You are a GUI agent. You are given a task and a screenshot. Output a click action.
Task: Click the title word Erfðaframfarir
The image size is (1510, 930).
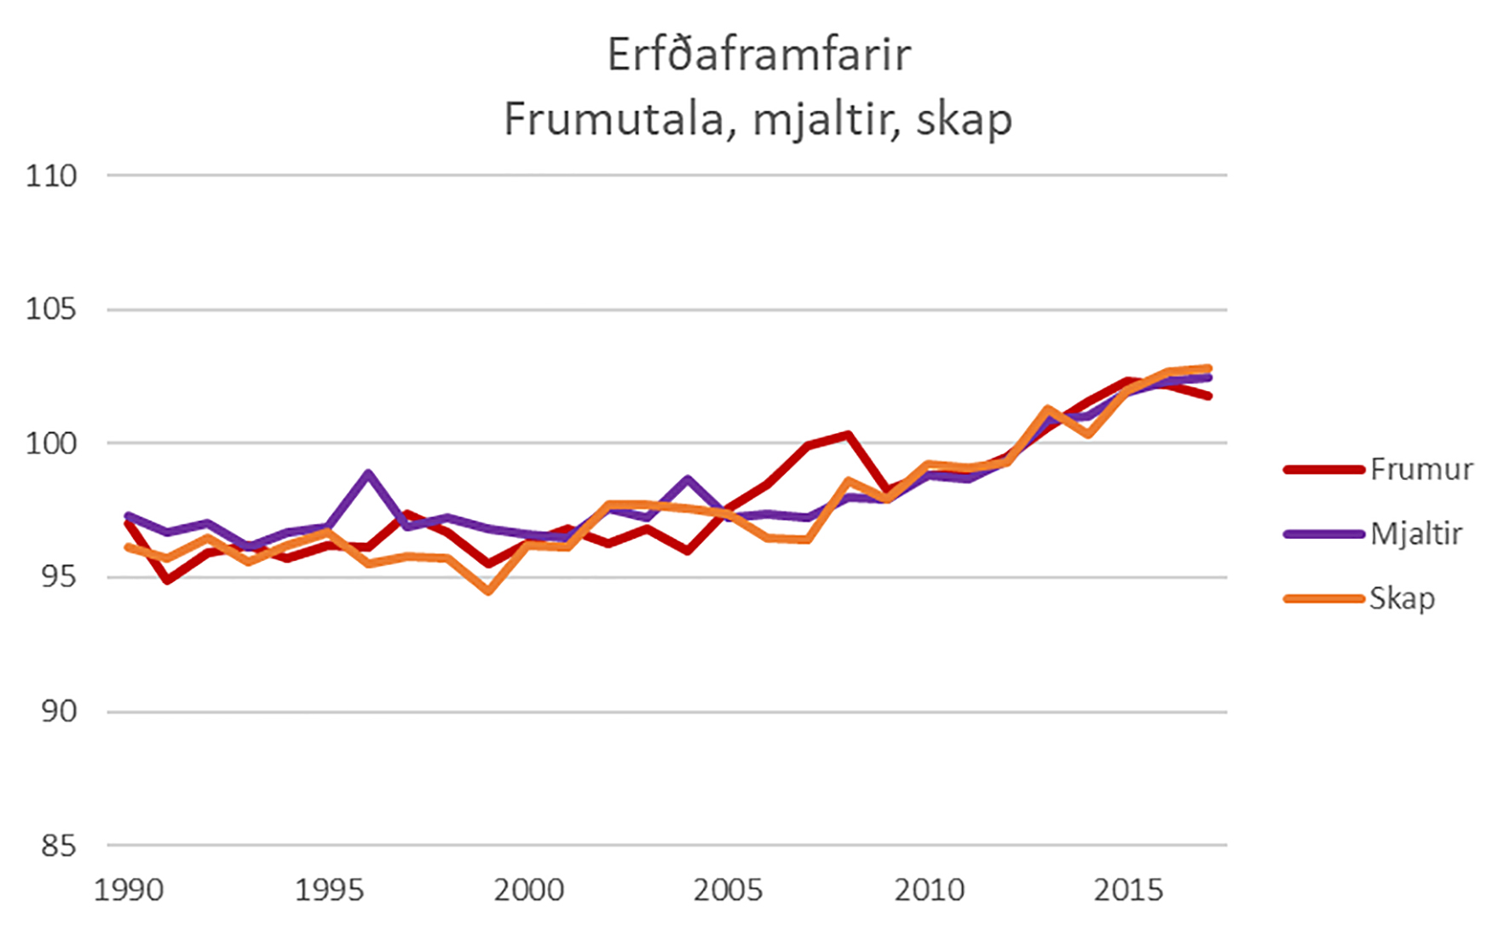758,55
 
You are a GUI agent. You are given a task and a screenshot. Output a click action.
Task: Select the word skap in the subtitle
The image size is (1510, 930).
964,119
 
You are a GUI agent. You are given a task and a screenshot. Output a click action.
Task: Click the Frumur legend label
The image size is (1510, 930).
1421,470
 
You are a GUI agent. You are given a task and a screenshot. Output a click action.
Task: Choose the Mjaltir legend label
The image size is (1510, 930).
1415,534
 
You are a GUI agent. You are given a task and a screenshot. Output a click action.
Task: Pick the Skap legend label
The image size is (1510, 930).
1402,598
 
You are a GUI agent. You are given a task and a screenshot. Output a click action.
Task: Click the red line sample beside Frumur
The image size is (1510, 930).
1324,470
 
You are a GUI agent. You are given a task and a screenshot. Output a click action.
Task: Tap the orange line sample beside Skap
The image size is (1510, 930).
1324,598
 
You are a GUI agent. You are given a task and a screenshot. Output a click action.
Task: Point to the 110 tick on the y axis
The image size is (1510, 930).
51,176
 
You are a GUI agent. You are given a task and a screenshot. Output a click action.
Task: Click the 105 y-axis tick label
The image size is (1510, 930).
51,309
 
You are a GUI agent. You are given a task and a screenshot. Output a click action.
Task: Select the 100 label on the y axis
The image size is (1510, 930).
51,443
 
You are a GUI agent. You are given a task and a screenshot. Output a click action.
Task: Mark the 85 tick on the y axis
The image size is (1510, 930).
58,846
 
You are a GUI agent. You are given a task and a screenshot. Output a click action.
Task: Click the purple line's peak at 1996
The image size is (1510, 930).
368,473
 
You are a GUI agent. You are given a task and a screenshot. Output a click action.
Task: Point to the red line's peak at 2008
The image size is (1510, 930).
848,436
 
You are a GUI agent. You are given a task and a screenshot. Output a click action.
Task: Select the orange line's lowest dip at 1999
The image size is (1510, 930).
488,591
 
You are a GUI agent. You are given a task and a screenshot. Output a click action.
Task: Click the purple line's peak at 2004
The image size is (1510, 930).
688,479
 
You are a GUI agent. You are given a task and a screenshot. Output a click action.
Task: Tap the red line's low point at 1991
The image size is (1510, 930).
168,581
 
